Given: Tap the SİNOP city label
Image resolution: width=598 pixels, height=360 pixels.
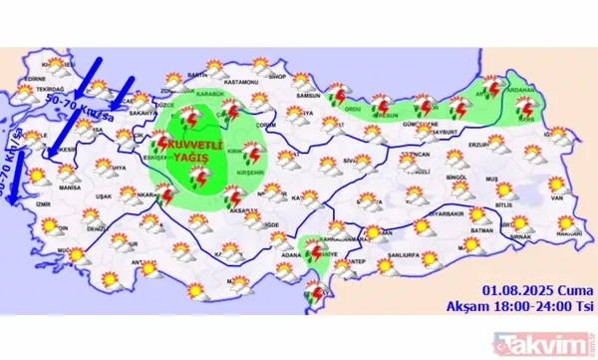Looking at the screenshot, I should pos(278,75).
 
